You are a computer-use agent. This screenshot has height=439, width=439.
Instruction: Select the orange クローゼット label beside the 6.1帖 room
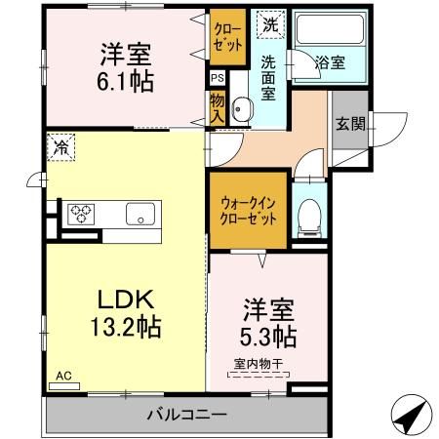click(x=227, y=37)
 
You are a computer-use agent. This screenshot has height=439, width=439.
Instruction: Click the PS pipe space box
click(x=217, y=78)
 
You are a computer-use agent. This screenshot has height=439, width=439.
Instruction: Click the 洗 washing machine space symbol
click(x=266, y=23)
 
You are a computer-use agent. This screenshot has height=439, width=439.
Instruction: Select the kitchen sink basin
click(x=138, y=214)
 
